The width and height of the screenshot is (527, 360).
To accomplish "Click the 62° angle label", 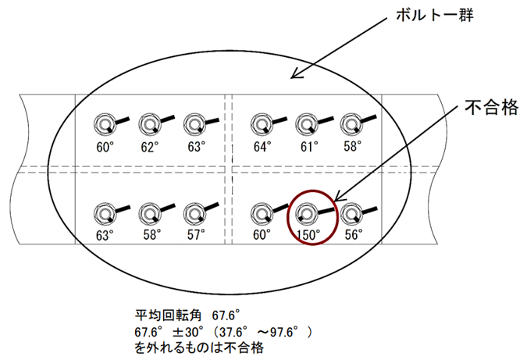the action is pos(150,147).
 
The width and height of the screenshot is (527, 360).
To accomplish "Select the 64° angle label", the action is pos(262,147).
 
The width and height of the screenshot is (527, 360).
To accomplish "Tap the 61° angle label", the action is pos(309,147).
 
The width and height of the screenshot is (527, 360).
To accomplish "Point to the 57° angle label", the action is pos(196,234).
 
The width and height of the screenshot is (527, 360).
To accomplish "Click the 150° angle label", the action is pos(309,234).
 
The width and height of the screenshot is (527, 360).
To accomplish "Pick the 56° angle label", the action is pos(354,234).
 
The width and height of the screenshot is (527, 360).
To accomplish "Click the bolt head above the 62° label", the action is pos(149,125).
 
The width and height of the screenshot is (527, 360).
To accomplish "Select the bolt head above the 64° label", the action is pos(262,125).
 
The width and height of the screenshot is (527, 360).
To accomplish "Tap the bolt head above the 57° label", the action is pos(194,214).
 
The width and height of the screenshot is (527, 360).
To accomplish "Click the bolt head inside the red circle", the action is pos(306,214).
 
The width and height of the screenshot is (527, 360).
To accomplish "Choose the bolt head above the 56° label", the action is pos(351,214).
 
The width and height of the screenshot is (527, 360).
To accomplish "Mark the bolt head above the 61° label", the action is pos(306,125).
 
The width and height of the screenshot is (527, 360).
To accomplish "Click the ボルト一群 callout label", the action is pos(435,15).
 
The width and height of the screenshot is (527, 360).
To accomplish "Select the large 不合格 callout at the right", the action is pos(491,108).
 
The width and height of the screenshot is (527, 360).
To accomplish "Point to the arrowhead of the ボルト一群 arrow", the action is pos(291,78).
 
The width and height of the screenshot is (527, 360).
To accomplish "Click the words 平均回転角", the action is pos(168,315).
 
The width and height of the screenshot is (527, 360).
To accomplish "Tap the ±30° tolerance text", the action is pos(188,332).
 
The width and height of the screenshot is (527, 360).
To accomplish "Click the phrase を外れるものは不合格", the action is pos(199,348).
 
